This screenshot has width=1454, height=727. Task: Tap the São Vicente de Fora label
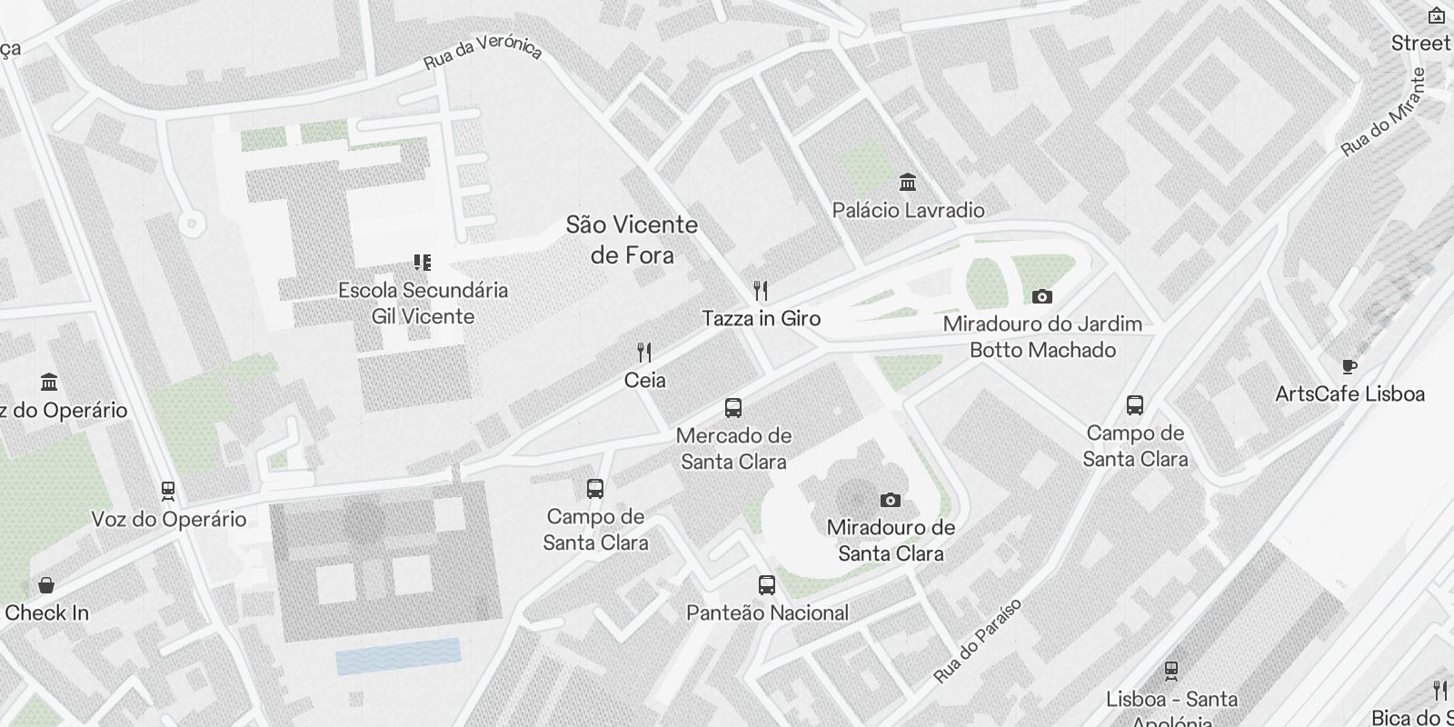(632, 240)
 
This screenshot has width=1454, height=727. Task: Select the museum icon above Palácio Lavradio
(907, 183)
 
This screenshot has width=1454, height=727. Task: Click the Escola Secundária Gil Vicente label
(423, 304)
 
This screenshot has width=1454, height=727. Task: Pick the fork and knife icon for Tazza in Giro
(762, 291)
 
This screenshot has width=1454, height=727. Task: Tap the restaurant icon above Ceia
(644, 353)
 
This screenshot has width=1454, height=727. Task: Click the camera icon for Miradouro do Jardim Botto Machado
(1042, 296)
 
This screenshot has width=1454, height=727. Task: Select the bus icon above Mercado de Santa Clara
(733, 408)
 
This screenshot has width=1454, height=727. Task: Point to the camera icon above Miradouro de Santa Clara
(891, 500)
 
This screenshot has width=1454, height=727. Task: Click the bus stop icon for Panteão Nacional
(767, 585)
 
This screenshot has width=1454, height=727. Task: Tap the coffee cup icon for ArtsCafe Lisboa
(1349, 366)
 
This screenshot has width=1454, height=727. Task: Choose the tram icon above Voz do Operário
(168, 492)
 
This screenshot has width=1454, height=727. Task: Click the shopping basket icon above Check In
(46, 585)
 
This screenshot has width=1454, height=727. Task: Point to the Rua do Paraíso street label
(978, 641)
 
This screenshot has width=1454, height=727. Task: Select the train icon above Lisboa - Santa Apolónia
(1171, 672)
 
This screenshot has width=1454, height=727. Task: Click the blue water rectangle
(398, 656)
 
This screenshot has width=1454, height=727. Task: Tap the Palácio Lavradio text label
(908, 211)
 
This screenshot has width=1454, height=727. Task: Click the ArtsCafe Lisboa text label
(1349, 394)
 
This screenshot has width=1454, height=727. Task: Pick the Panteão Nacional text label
(767, 613)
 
